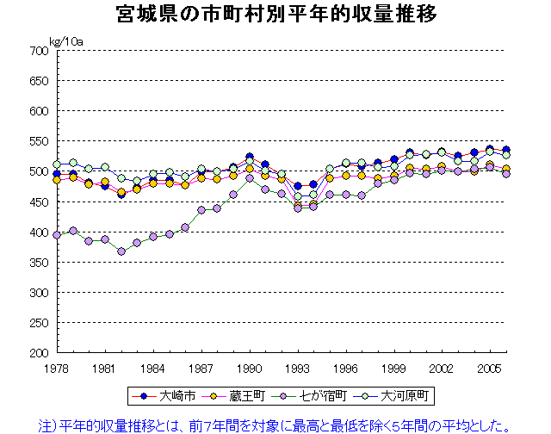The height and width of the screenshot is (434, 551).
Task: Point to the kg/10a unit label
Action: [x=66, y=41]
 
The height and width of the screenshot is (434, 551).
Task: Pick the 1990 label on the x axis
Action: [x=250, y=367]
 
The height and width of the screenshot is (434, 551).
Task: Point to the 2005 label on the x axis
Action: [x=491, y=367]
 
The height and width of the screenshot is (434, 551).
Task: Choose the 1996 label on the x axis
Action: [x=346, y=367]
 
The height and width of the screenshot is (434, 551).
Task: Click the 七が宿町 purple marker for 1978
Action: [x=57, y=235]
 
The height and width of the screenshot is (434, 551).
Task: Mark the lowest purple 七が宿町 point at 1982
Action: [x=121, y=251]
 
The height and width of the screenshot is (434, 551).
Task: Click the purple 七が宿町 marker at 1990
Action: [x=250, y=178]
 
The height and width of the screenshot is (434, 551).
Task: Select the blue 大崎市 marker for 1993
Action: [x=298, y=186]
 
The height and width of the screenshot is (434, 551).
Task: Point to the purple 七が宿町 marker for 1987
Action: [x=201, y=209]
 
